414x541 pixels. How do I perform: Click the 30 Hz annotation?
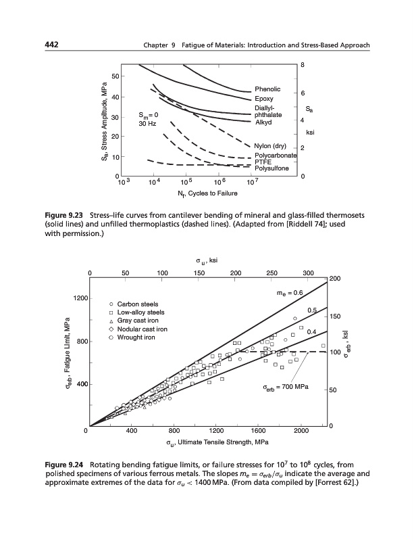coord(147,124)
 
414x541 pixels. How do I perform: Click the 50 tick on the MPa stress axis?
coord(115,75)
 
